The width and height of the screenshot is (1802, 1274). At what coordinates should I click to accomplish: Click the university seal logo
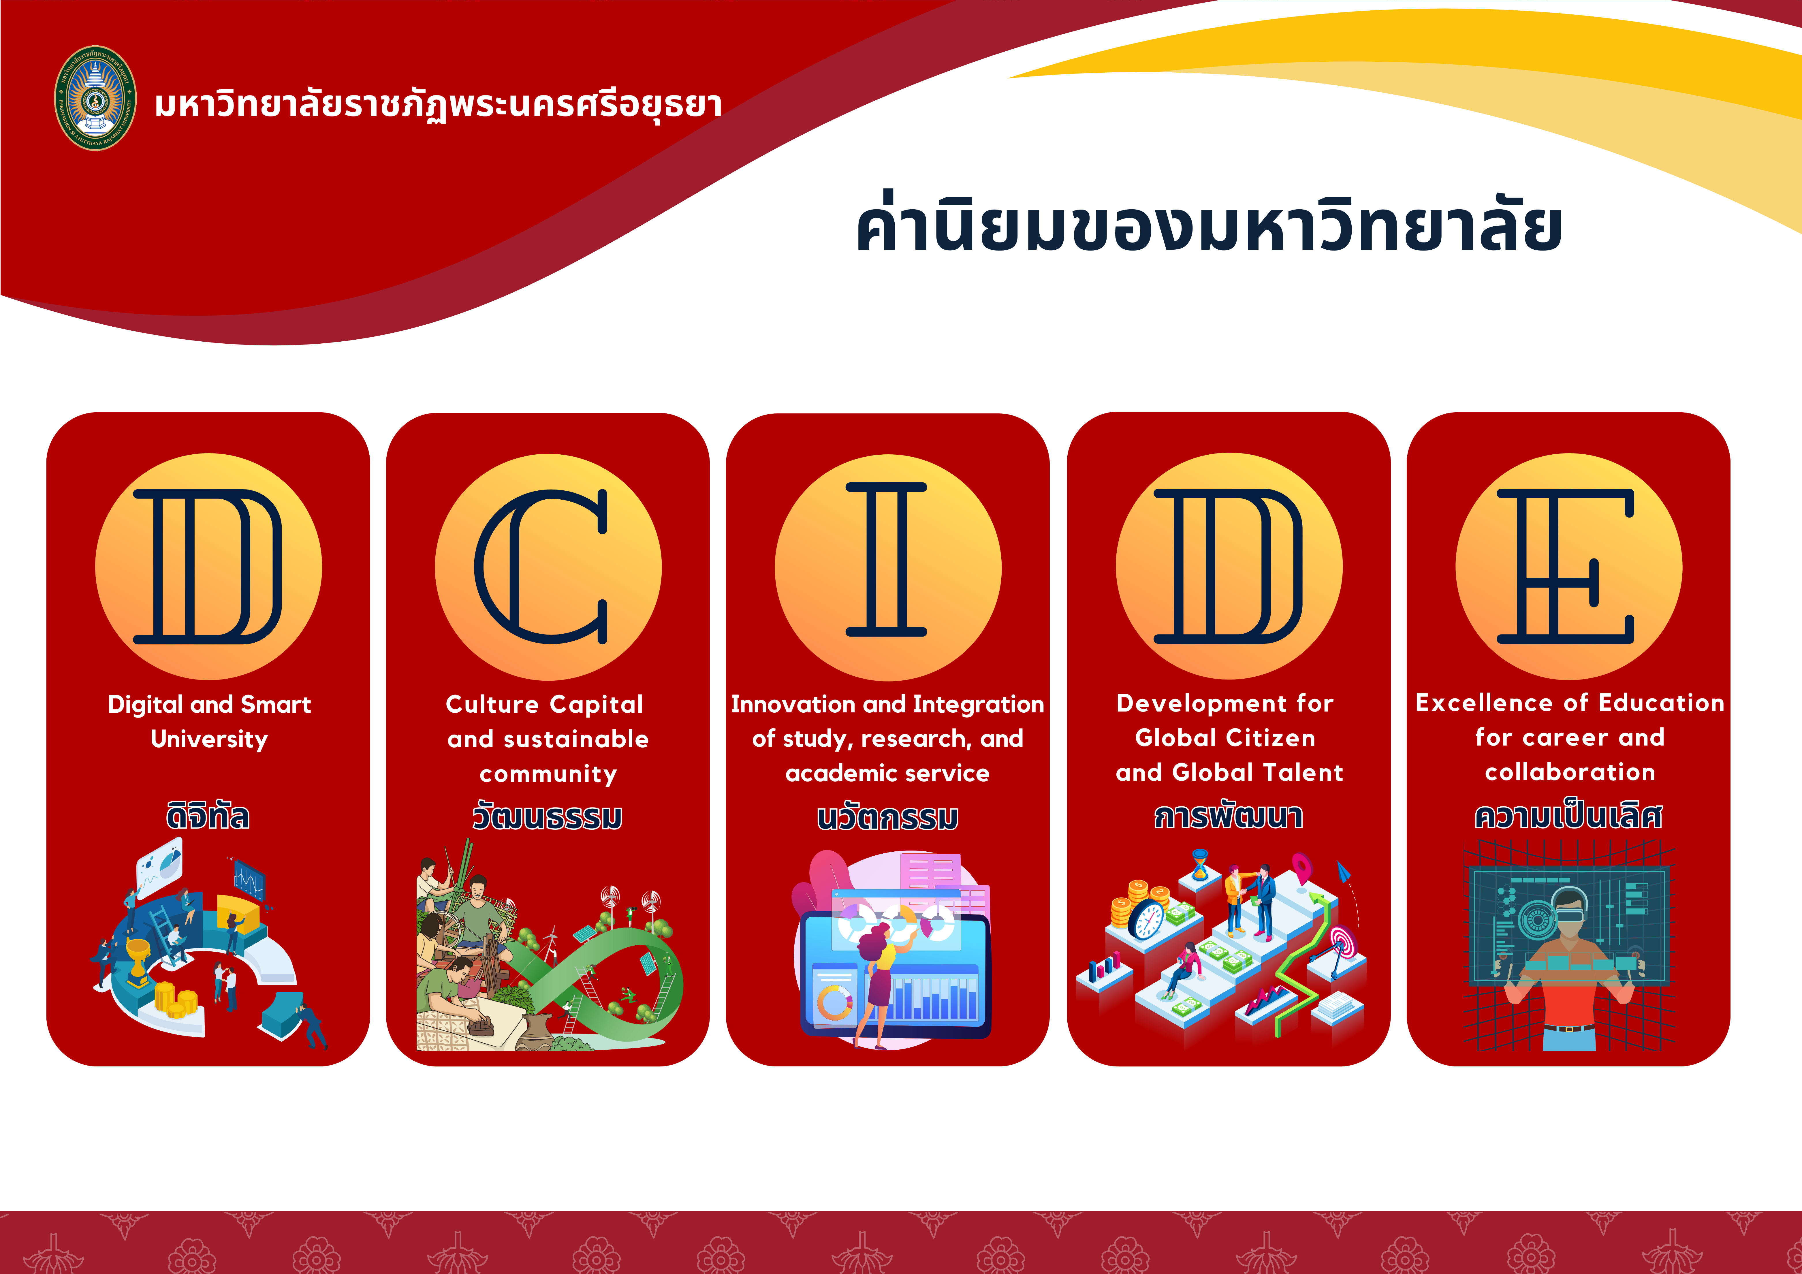[x=95, y=98]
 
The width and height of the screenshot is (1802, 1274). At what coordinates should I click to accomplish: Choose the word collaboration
[x=1570, y=772]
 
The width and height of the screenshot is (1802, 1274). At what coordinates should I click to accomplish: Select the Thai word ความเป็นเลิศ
[x=1568, y=815]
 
